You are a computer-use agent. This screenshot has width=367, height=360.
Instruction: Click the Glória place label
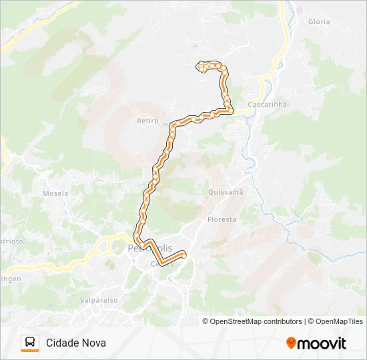[319, 21]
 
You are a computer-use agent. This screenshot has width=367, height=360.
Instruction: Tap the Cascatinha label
[267, 105]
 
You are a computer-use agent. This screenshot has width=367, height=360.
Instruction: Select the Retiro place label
[147, 121]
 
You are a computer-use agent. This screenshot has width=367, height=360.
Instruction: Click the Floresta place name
[222, 219]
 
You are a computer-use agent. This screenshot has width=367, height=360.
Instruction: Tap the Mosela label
[56, 193]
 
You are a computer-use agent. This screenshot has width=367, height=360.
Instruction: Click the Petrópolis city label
[149, 248]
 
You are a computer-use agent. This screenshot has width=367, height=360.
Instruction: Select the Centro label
[162, 264]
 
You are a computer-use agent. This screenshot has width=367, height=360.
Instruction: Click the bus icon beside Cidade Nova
[30, 343]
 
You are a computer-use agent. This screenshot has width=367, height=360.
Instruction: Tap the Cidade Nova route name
[76, 343]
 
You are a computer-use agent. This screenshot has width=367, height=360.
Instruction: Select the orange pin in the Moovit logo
[291, 343]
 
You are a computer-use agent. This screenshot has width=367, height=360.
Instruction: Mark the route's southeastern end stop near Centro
[183, 255]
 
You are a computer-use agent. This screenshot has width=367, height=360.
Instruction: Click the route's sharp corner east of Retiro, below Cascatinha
[232, 111]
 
